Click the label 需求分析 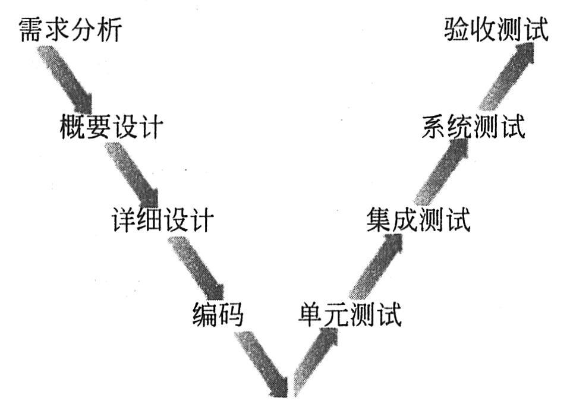point(70,30)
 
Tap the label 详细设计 point(162,220)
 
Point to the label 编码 point(218,313)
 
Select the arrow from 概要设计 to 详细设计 point(133,172)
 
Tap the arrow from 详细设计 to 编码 point(196,267)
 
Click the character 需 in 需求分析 point(32,30)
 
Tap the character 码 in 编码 point(231,313)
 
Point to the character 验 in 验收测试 point(457,30)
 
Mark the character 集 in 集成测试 point(379,220)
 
